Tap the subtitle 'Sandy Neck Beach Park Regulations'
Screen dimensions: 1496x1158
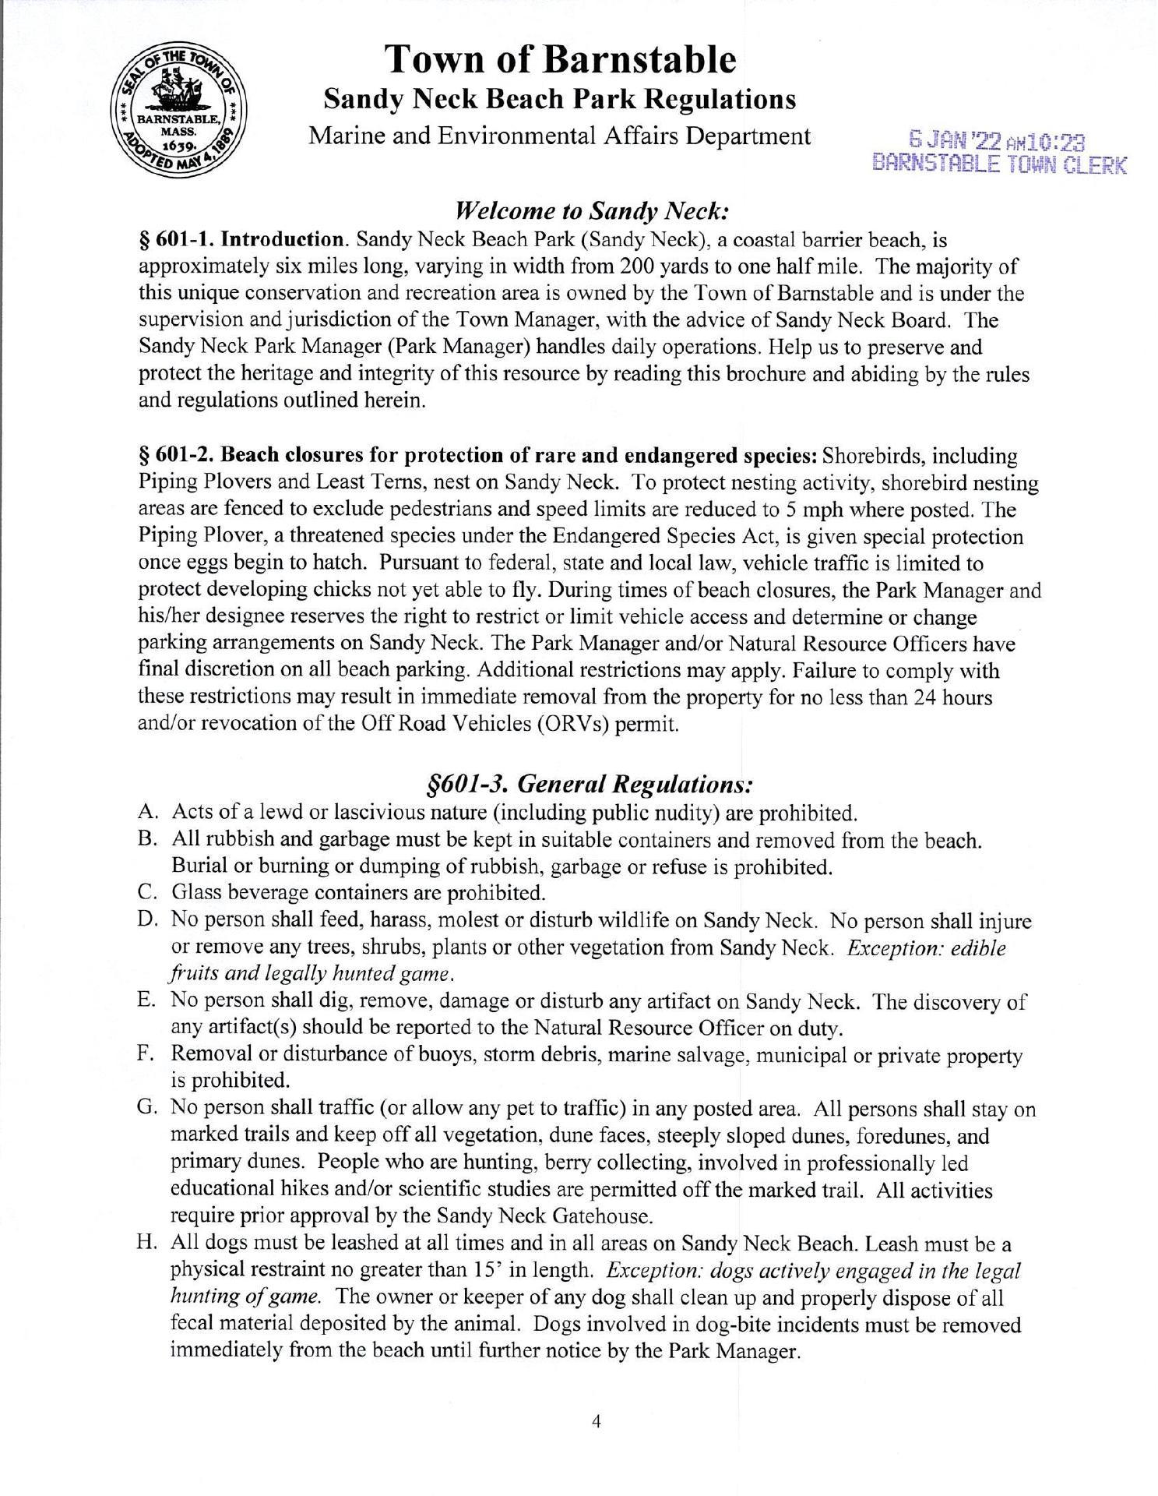pyautogui.click(x=559, y=100)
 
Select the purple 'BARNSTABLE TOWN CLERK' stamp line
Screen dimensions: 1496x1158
pyautogui.click(x=1000, y=164)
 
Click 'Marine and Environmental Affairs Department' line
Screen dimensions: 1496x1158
pyautogui.click(x=559, y=136)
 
